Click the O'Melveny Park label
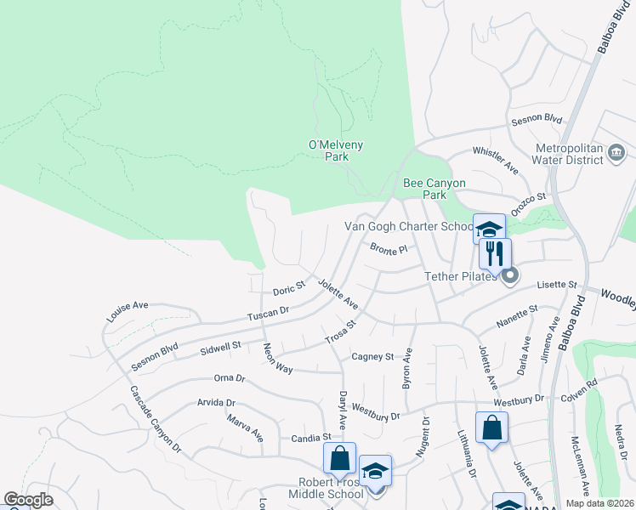pyautogui.click(x=335, y=150)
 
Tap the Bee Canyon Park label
pyautogui.click(x=423, y=189)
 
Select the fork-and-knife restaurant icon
pyautogui.click(x=494, y=252)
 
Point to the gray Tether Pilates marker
pyautogui.click(x=509, y=275)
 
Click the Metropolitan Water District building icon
pyautogui.click(x=617, y=153)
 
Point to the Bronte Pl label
pyautogui.click(x=389, y=249)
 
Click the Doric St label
pyautogui.click(x=288, y=289)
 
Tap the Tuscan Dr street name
pyautogui.click(x=268, y=314)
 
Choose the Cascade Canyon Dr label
pyautogui.click(x=156, y=418)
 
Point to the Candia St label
pyautogui.click(x=310, y=437)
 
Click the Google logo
pyautogui.click(x=28, y=500)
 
